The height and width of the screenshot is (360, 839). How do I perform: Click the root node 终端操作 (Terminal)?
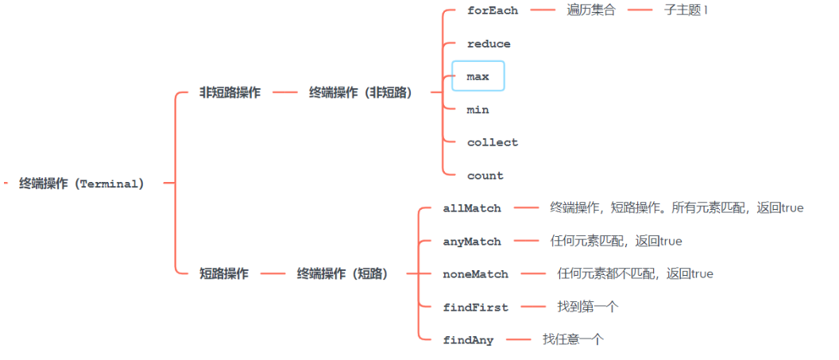(x=82, y=184)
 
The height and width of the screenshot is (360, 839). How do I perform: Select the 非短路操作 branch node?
(x=230, y=93)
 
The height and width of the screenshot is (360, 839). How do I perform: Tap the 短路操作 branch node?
(x=224, y=273)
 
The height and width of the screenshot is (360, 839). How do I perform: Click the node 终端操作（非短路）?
(x=361, y=93)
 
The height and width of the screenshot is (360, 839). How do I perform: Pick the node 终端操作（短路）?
(x=343, y=273)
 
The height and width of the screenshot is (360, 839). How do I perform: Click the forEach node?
(x=493, y=10)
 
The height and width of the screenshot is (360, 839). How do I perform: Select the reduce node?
(x=489, y=44)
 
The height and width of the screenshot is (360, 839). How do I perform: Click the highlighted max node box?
(x=478, y=76)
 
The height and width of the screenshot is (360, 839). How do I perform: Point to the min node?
(x=478, y=110)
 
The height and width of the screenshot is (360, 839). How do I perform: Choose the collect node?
(x=493, y=142)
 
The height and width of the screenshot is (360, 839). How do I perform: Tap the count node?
(x=485, y=176)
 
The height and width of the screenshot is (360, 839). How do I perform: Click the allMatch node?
(x=472, y=208)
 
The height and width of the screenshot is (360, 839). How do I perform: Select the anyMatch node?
(x=472, y=241)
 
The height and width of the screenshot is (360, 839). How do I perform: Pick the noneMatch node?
(x=475, y=274)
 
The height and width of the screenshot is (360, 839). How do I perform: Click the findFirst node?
(x=475, y=307)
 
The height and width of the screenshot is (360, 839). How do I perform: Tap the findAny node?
(x=468, y=340)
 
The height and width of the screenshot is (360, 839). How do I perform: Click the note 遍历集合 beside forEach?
(x=591, y=10)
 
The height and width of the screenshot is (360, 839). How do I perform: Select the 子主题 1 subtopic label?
(x=686, y=10)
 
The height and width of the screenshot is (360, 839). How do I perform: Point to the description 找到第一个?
(x=587, y=307)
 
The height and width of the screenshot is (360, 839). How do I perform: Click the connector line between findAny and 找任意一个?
(x=518, y=339)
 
